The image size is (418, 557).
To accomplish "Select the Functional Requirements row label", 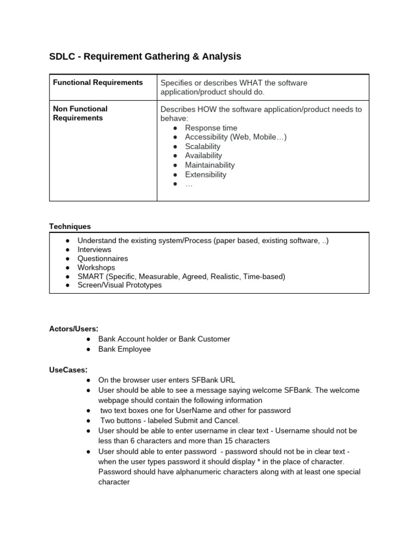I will point(98,83).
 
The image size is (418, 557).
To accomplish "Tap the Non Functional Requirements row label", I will point(80,113).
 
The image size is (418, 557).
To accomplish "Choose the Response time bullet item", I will point(211,128).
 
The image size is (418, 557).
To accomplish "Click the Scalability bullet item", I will point(202,146).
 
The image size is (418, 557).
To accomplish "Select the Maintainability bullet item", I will point(210,165).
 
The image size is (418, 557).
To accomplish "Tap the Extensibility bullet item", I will point(205,175).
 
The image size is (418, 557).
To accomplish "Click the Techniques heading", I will point(70,226).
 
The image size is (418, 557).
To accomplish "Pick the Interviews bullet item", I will point(94,249).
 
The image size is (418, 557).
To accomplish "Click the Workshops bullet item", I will point(96,268).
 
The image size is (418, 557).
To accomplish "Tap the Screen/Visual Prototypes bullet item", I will point(119,285).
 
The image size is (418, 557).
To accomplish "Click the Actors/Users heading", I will point(74,329).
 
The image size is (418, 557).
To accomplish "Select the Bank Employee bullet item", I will point(124,349).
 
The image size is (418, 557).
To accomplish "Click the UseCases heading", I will point(68,370).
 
